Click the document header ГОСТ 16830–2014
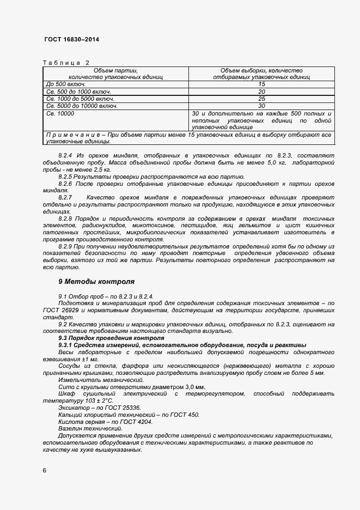click(x=71, y=40)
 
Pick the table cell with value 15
click(x=261, y=84)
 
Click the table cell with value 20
click(x=261, y=92)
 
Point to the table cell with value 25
click(x=261, y=99)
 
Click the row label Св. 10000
click(x=60, y=113)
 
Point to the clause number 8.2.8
click(x=66, y=218)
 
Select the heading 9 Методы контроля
click(x=96, y=282)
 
